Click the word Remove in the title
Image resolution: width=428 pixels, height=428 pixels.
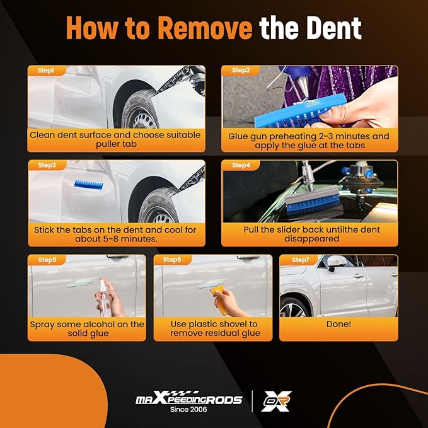[x=205, y=28]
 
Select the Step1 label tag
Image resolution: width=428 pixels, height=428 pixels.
[x=47, y=71]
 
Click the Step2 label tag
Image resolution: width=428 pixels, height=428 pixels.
[x=241, y=71]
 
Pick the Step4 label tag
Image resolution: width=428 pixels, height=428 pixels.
[x=241, y=165]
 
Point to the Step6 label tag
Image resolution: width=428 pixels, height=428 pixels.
[x=172, y=260]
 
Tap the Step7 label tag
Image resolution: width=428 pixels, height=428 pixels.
[x=299, y=260]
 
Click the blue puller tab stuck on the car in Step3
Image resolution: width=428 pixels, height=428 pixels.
[x=89, y=184]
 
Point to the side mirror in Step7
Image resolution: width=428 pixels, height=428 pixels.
[x=336, y=263]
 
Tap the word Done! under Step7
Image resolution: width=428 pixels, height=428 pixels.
[x=338, y=324]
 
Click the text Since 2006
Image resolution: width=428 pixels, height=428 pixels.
[x=188, y=409]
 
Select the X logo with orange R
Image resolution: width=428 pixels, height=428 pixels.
[x=276, y=401]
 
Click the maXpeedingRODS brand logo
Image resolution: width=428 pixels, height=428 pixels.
[x=189, y=398]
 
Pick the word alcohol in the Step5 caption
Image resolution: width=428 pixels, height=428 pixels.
[x=105, y=324]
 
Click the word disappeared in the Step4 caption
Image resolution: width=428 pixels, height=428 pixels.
[x=311, y=239]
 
